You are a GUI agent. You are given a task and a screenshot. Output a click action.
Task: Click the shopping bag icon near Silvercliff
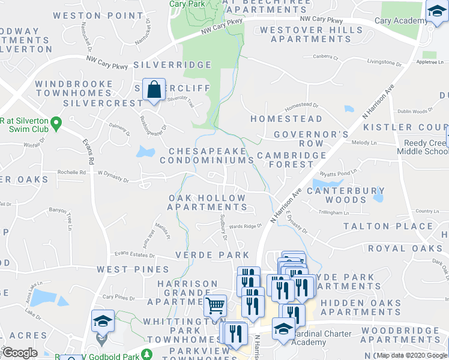(x=154, y=89)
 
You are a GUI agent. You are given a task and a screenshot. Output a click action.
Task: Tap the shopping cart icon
(x=215, y=305)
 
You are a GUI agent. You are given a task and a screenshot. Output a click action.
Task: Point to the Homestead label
(x=286, y=119)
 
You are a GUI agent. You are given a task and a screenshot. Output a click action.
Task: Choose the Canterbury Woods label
(x=345, y=195)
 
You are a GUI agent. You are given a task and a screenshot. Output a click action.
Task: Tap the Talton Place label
(x=388, y=226)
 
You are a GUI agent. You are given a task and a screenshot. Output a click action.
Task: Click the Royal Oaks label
(x=404, y=248)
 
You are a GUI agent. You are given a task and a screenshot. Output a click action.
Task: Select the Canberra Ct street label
(x=326, y=58)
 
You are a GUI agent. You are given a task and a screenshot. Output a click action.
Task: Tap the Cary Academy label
(x=399, y=20)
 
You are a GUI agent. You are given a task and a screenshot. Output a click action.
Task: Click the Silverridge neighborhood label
(x=173, y=65)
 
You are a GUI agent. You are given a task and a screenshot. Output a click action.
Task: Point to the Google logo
(x=20, y=353)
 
